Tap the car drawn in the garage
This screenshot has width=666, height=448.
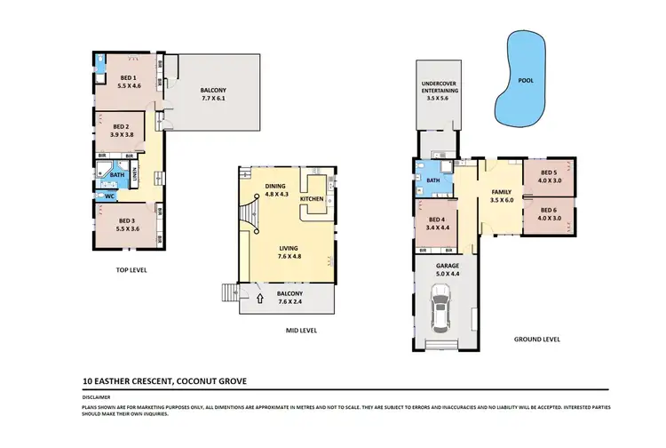[440, 310]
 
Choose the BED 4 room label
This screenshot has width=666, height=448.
[435, 223]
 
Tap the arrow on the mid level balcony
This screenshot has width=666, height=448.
[259, 300]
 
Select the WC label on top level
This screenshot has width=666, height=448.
[110, 196]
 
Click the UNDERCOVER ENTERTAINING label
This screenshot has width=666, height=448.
[438, 93]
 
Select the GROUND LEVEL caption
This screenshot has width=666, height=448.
[536, 339]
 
